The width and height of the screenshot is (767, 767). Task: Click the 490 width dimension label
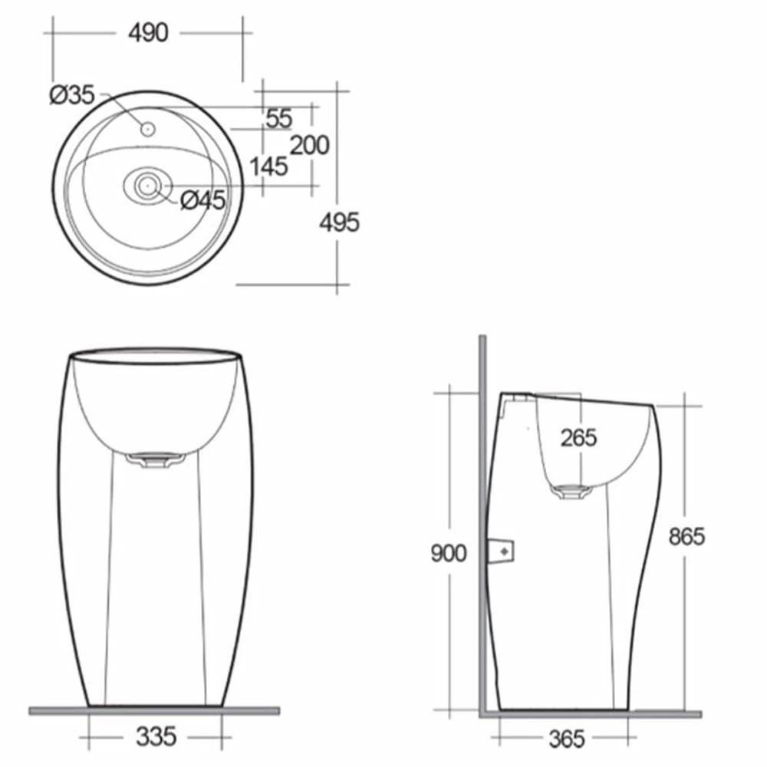click(147, 33)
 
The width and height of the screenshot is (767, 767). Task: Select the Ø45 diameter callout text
click(203, 200)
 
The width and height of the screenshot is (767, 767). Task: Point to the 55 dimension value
click(279, 118)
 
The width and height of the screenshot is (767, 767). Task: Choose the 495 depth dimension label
click(339, 222)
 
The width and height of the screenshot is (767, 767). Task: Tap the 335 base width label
click(156, 736)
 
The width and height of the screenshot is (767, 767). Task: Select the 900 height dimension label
click(448, 553)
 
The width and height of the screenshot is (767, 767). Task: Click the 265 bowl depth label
click(578, 437)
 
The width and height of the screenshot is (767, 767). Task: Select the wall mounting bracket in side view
click(501, 550)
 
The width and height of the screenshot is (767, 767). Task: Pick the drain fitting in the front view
click(156, 460)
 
